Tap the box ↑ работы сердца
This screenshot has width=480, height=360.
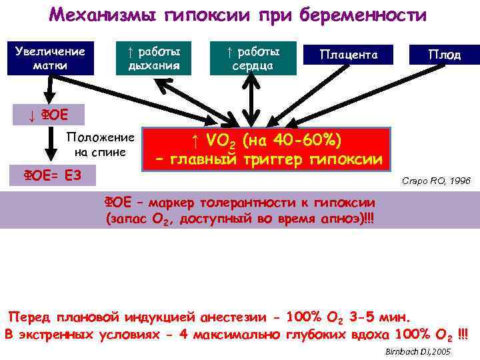coord(256,58)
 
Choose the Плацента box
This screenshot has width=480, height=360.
coord(349,54)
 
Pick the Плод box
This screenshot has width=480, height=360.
coord(445,54)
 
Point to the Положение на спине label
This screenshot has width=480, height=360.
coord(101,145)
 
